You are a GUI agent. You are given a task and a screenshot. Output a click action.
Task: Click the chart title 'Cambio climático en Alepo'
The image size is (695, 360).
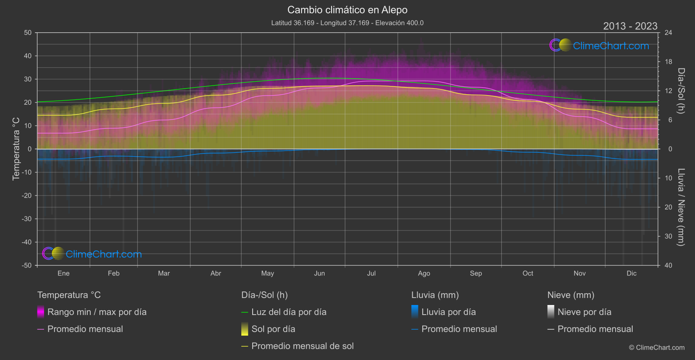[x=347, y=10]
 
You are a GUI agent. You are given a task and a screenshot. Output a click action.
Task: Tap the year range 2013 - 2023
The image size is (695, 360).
[x=630, y=26]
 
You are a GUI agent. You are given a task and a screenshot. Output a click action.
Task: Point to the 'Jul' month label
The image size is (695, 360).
[x=371, y=273]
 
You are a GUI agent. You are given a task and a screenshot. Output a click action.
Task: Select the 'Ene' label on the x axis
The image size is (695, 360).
[x=64, y=273]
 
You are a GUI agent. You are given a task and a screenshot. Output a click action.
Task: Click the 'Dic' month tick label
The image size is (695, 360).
[x=631, y=273]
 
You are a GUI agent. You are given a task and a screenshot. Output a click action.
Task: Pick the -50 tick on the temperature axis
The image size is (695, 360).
[x=27, y=265]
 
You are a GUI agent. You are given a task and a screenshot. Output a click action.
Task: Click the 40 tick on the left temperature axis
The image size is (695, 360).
[x=28, y=56]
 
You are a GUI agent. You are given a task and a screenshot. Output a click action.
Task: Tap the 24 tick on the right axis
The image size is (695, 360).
[x=668, y=33]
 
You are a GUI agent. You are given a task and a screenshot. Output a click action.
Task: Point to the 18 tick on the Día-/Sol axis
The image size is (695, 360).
[x=668, y=62]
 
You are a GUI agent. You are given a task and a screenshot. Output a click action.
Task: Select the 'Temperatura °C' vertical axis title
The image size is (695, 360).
[x=16, y=148]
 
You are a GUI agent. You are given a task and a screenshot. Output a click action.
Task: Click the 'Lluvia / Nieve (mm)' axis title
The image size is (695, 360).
[x=681, y=207]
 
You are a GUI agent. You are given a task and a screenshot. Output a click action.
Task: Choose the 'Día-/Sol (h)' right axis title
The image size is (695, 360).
[x=681, y=91]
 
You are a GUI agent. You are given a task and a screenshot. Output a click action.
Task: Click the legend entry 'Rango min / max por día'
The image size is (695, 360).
[x=97, y=312]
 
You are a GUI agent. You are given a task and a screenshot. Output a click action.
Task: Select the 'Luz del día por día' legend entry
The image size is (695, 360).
[x=289, y=312]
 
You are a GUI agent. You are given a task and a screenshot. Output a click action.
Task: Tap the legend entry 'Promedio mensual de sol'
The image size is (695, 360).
[x=302, y=346]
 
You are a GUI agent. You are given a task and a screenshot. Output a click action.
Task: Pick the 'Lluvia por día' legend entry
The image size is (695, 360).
[x=448, y=312]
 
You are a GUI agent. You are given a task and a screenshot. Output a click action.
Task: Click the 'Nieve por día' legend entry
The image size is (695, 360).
[x=584, y=312]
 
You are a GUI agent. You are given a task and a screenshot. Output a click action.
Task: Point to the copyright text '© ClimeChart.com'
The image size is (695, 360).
[x=657, y=348]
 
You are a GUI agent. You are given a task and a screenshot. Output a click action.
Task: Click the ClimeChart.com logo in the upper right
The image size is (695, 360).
[x=599, y=45]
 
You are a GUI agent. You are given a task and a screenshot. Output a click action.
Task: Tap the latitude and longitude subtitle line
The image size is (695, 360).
[x=347, y=23]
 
